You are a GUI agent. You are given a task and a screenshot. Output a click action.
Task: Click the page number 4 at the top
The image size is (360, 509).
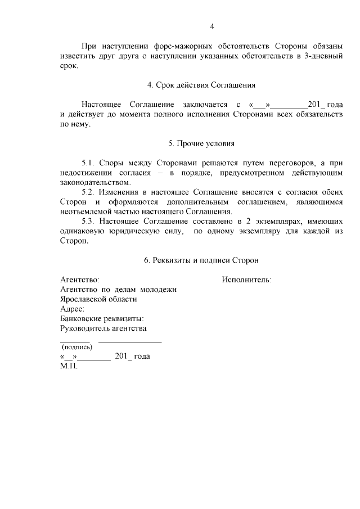coord(212,26)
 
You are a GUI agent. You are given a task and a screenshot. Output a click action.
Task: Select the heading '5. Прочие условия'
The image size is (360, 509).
coord(201,143)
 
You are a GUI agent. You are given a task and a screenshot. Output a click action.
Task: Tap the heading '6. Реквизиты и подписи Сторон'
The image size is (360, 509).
coord(201,260)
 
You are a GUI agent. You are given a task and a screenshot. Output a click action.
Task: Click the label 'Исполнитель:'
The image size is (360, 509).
coord(246,280)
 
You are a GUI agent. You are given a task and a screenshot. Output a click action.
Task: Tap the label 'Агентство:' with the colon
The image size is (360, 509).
coord(80,280)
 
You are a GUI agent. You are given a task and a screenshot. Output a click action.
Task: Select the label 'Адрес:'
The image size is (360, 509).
coord(73,309)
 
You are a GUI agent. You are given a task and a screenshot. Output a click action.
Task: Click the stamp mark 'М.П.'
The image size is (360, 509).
coord(69,366)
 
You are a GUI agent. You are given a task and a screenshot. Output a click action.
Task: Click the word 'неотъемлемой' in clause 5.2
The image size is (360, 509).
coord(90,212)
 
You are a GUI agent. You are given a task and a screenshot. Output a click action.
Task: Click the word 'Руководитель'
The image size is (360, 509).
coord(86,328)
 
